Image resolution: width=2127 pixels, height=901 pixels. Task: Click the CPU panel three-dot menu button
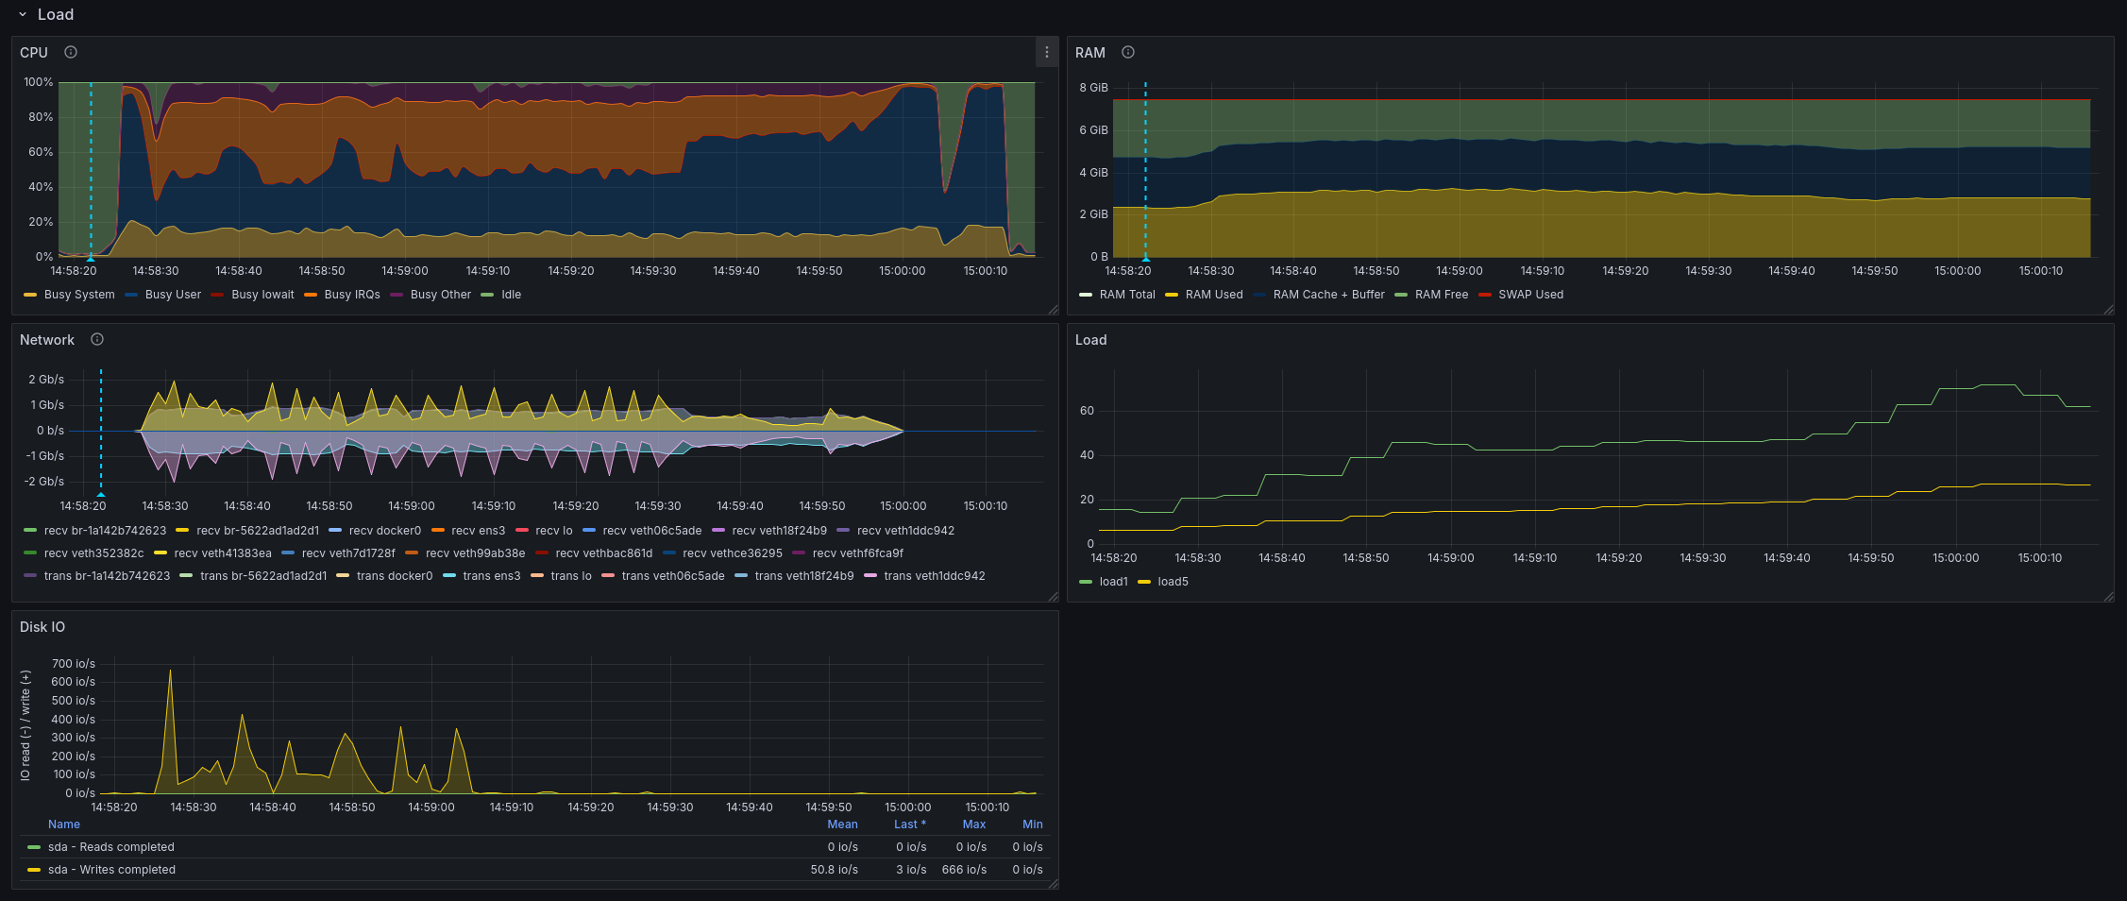coord(1046,53)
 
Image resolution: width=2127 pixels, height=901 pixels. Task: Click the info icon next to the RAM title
coord(1127,52)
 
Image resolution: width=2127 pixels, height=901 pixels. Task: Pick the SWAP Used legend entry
coord(1521,295)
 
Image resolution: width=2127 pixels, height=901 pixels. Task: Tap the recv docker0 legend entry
coord(375,531)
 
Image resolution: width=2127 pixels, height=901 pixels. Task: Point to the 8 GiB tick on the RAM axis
coord(1093,88)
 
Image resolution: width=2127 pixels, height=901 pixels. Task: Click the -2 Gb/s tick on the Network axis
coord(44,482)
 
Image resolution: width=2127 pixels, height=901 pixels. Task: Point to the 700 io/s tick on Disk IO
coord(74,664)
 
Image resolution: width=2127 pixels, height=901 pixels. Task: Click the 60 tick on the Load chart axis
coord(1088,411)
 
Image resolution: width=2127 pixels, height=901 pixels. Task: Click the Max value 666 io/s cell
coord(964,870)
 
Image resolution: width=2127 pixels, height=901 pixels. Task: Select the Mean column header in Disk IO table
coord(842,824)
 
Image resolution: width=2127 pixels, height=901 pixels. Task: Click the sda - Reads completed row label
coord(111,847)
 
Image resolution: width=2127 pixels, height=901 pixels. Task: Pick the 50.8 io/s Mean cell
coord(835,870)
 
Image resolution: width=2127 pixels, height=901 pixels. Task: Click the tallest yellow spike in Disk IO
coord(170,671)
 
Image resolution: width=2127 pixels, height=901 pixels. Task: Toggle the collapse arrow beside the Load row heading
coord(23,15)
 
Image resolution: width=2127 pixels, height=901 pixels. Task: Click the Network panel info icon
coord(96,339)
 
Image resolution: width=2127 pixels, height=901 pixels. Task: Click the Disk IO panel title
coord(42,627)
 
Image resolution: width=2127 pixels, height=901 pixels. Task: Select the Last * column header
coord(910,824)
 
